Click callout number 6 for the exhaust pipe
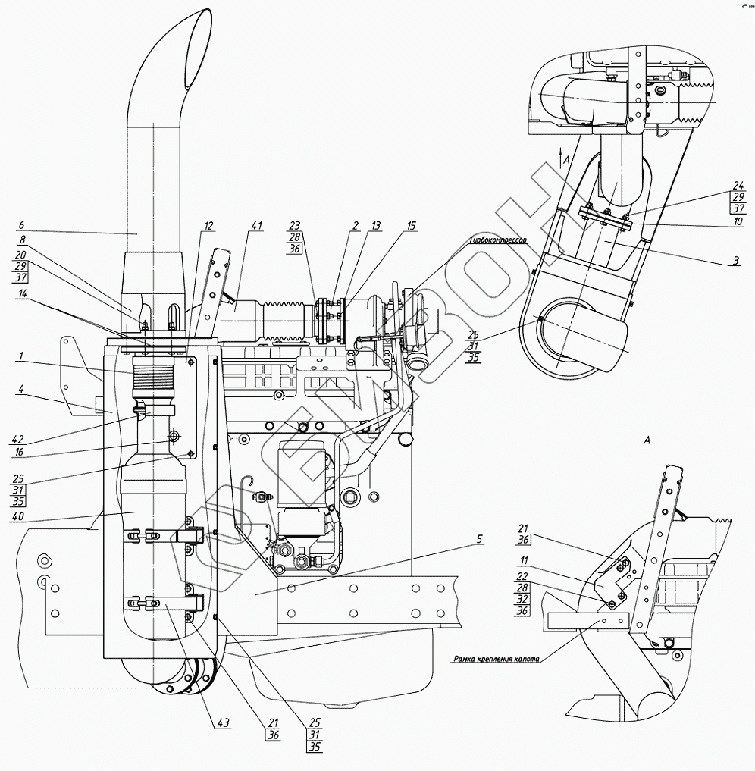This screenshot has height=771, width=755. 20,224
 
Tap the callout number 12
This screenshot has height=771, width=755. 208,225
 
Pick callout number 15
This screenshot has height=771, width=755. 411,225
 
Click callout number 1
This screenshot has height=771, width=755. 20,354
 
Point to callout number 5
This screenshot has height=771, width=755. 478,540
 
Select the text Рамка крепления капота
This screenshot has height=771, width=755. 496,660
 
